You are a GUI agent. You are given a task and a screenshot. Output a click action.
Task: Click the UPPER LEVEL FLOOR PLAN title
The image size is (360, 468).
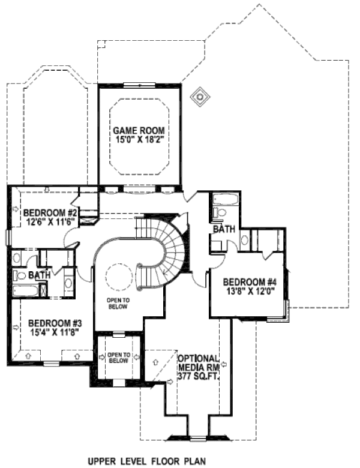pyautogui.click(x=146, y=461)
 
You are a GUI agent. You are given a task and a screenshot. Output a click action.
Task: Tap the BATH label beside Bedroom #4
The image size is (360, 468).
pyautogui.click(x=223, y=229)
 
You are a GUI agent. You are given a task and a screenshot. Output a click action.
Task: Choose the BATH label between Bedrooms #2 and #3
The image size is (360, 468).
pyautogui.click(x=39, y=275)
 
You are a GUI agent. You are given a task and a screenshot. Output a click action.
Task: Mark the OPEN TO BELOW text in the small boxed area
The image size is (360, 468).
pyautogui.click(x=118, y=358)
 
